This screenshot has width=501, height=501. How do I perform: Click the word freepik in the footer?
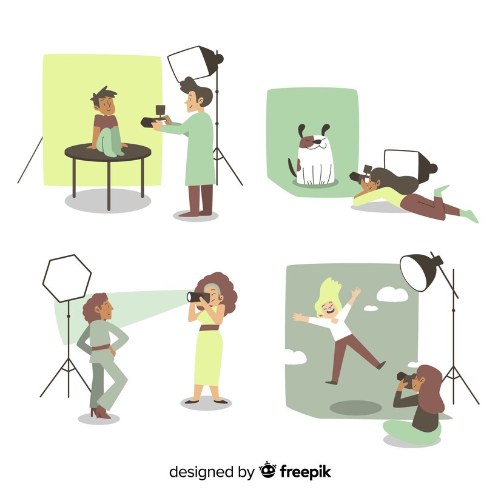[x=306, y=472]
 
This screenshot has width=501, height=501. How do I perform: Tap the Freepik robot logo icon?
[x=267, y=470]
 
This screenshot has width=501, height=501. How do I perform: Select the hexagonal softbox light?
[x=67, y=278]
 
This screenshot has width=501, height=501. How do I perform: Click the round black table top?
[x=108, y=152]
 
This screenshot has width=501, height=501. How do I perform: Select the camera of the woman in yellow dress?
[x=198, y=297]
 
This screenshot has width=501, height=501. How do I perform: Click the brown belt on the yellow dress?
[x=209, y=328]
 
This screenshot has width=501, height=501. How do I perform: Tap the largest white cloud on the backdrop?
[x=392, y=294]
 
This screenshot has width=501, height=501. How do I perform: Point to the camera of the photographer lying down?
[x=361, y=175]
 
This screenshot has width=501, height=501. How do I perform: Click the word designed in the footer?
[x=201, y=472]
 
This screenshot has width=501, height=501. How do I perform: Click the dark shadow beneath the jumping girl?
[x=355, y=408]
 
